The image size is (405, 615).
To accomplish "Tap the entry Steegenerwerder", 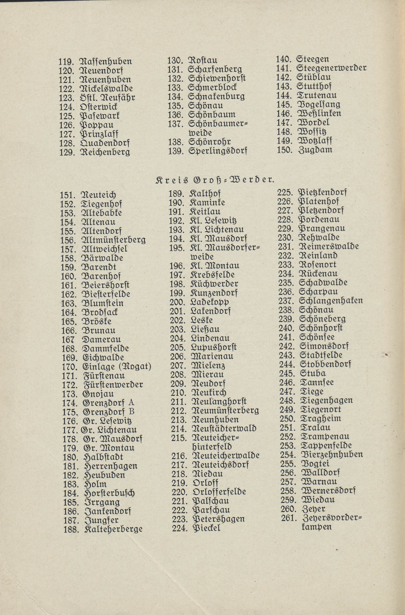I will (x=331, y=68).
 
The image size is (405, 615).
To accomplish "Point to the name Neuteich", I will (x=99, y=195).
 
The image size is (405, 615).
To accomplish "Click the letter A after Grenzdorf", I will (x=131, y=403).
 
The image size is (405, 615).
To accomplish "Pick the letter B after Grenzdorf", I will (x=131, y=411).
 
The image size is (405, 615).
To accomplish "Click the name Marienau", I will (x=212, y=357).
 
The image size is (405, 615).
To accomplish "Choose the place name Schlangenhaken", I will (x=331, y=301).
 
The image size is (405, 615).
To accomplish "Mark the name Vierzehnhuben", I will (x=332, y=454).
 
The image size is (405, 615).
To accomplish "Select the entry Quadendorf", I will (x=104, y=143).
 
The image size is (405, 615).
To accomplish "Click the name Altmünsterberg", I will (x=114, y=240).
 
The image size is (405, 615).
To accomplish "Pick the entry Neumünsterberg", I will (x=225, y=411).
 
